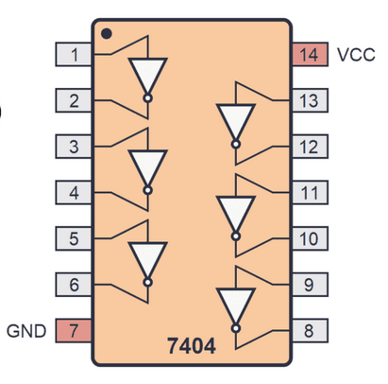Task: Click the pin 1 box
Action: (x=74, y=55)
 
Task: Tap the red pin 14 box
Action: (x=310, y=55)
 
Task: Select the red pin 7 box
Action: (x=74, y=330)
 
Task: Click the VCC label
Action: (x=356, y=55)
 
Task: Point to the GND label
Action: (x=26, y=331)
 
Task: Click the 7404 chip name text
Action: (x=192, y=346)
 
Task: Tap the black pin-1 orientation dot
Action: (x=107, y=34)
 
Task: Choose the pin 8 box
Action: (x=310, y=330)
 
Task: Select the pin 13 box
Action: (x=310, y=100)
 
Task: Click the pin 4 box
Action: (x=74, y=192)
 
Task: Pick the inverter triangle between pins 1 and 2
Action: (x=147, y=75)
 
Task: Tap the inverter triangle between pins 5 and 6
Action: (x=147, y=259)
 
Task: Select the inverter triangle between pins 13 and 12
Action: (x=236, y=121)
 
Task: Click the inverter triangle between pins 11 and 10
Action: (x=236, y=213)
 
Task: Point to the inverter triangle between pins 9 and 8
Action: (x=236, y=305)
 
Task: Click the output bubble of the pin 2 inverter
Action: (x=147, y=98)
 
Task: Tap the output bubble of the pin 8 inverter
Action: (x=236, y=328)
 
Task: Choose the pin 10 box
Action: (x=310, y=238)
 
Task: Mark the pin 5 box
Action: (x=74, y=238)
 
